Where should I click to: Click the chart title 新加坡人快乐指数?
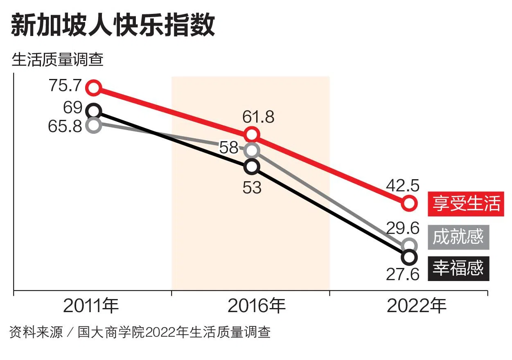113,25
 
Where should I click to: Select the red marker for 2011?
94,87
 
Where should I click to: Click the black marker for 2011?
94,110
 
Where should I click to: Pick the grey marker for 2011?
94,125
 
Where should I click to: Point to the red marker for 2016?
252,135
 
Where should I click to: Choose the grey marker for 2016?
252,151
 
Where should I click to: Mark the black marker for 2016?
252,166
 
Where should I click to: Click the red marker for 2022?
409,202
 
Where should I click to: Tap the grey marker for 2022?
409,245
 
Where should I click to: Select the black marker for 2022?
409,257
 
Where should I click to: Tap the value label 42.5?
403,186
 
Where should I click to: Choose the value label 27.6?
403,274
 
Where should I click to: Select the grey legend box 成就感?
458,237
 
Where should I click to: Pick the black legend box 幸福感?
458,268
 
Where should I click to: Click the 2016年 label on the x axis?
256,306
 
